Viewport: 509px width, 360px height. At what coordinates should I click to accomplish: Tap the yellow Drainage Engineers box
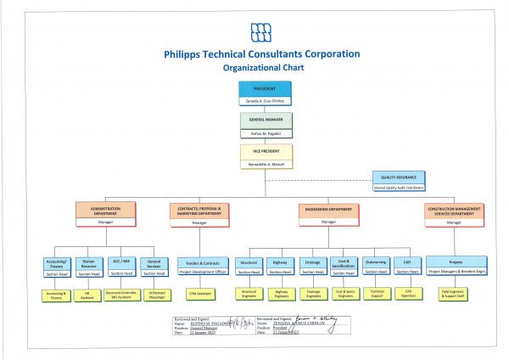[312, 294]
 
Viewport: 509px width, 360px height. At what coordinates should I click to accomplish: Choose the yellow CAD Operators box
[407, 294]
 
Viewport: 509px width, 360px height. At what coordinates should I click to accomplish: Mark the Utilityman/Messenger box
[154, 294]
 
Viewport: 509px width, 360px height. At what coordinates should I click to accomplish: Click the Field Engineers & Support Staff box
[456, 294]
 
